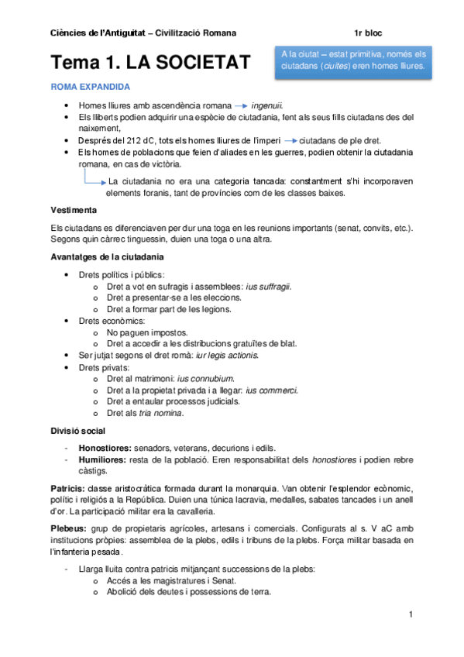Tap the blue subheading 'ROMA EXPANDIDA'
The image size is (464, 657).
point(91,87)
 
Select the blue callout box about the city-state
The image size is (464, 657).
point(353,61)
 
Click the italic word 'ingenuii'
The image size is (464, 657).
point(267,105)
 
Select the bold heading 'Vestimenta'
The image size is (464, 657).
point(74,210)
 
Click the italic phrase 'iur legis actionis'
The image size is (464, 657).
point(224,355)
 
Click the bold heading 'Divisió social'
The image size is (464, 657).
point(78,431)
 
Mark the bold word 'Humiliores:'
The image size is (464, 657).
point(104,459)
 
